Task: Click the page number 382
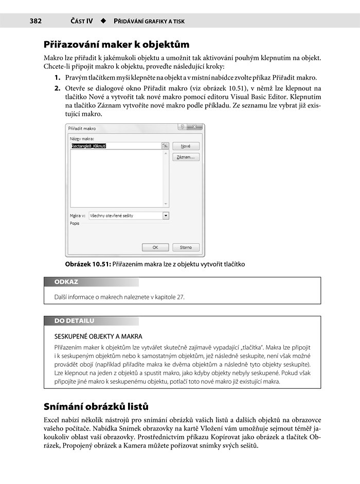coord(35,21)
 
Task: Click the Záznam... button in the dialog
coord(186,157)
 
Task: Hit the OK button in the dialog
coord(155,247)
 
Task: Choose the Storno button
coord(186,247)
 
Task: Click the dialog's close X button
coord(194,128)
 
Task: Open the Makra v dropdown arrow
coord(166,216)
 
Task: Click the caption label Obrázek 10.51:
coord(88,264)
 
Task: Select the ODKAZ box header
coord(66,282)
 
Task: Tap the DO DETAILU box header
coord(74,321)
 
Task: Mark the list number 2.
coord(58,88)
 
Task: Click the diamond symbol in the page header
coord(103,21)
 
